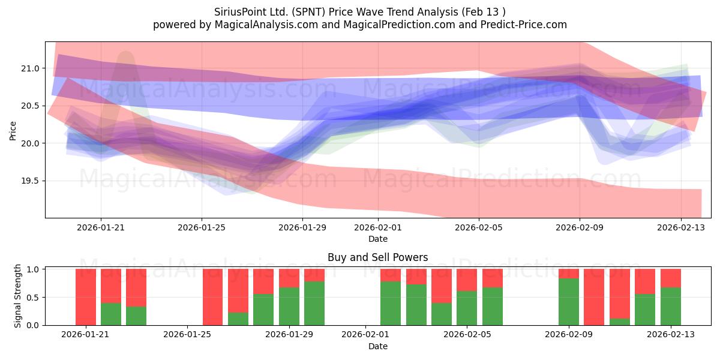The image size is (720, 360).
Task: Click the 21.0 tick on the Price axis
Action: pos(30,68)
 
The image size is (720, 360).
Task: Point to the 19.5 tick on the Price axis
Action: pos(30,181)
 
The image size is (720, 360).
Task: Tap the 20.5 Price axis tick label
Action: pos(30,106)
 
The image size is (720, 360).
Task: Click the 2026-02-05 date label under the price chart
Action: pos(479,227)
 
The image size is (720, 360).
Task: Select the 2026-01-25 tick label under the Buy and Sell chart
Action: pos(187,335)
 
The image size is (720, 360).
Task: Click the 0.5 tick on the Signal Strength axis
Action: pos(33,298)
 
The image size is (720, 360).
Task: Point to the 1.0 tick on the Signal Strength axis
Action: pos(33,269)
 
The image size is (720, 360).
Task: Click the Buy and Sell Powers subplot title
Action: pos(377,257)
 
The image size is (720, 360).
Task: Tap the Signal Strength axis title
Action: pos(17,296)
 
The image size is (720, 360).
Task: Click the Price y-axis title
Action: pos(13,131)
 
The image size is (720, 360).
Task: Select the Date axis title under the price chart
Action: pos(378,239)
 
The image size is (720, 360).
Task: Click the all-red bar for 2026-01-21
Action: pos(86,297)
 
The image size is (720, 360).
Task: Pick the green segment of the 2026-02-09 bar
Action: pos(569,302)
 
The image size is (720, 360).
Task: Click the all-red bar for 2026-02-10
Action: pos(594,297)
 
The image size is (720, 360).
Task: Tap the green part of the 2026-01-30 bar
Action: pos(314,304)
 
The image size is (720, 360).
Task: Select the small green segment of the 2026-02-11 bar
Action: pos(620,322)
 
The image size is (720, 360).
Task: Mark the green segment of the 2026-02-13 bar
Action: pos(671,307)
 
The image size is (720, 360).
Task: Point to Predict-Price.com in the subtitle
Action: pos(524,25)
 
